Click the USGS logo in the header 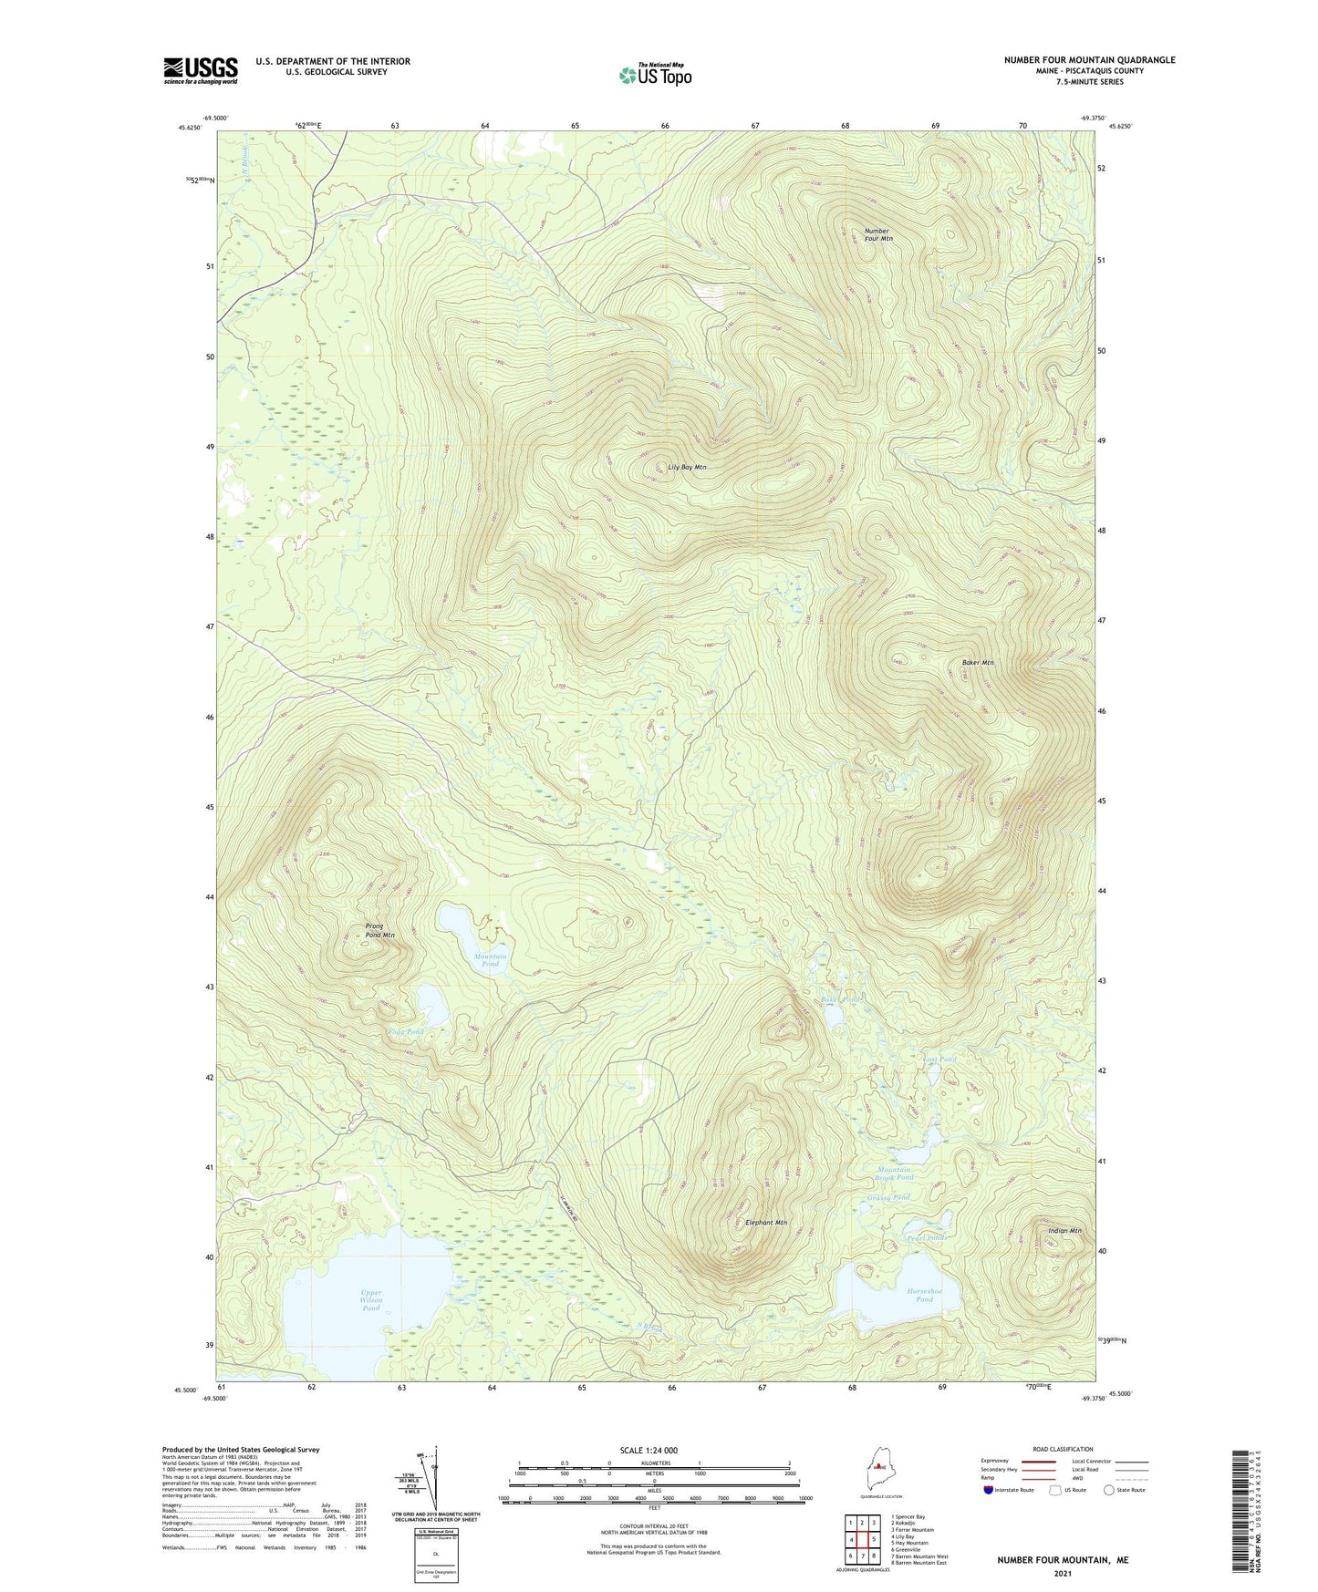tap(201, 70)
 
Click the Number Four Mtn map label tap(877, 234)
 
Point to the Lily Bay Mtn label tap(687, 467)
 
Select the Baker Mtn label tap(977, 662)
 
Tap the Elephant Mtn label tap(765, 1223)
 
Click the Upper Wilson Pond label tap(370, 1300)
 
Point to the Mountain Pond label tap(490, 960)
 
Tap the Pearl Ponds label tap(926, 1237)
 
